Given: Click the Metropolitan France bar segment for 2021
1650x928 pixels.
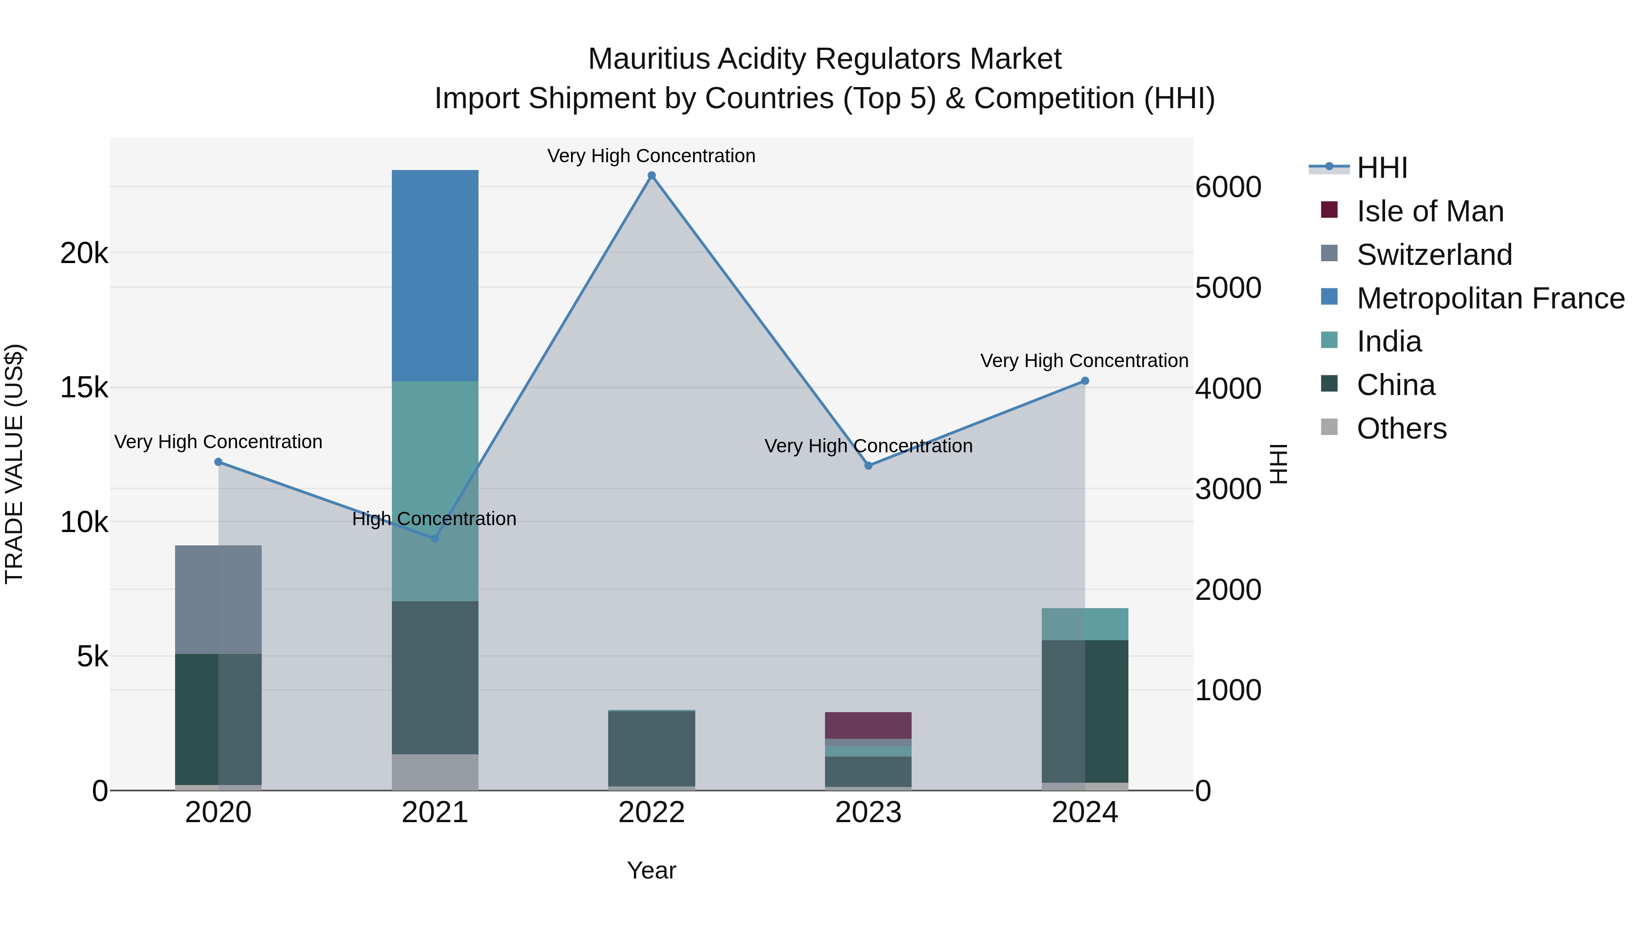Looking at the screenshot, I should click(435, 275).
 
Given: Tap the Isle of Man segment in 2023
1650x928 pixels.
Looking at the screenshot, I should click(868, 725).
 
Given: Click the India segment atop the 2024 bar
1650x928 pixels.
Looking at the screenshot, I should click(1084, 624).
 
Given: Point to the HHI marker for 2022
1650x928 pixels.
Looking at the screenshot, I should click(651, 176).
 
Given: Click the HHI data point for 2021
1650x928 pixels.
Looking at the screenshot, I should click(435, 538).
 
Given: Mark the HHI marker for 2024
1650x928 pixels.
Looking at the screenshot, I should click(1085, 381).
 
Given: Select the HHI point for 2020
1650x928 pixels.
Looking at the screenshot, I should click(219, 462).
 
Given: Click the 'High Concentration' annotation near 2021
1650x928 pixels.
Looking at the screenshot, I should click(434, 519).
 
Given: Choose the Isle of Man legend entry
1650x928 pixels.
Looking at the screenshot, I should click(1430, 211).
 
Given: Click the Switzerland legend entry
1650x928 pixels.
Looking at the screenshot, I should click(1434, 255).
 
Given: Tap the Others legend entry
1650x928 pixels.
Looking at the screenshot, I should click(1402, 428).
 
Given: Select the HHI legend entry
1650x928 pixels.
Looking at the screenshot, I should click(1381, 168).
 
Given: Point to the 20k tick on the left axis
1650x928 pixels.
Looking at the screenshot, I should click(84, 253).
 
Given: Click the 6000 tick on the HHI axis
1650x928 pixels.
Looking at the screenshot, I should click(1228, 187).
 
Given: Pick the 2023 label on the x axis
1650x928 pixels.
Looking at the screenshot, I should click(868, 813).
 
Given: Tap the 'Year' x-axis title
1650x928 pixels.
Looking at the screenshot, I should click(651, 870).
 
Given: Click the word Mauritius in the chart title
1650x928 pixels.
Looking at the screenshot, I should click(649, 59).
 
